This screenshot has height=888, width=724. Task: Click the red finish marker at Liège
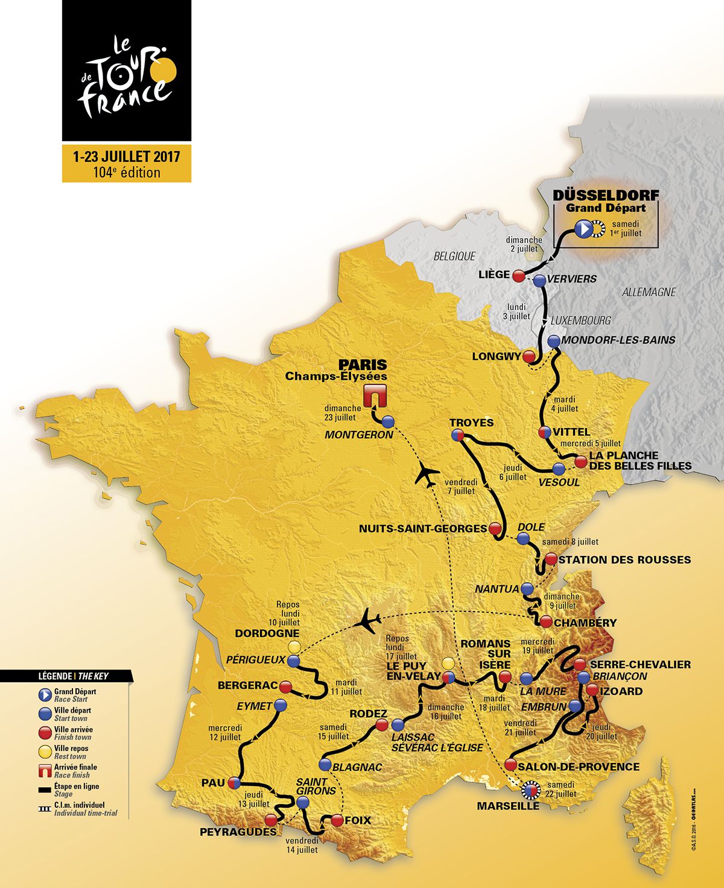(518, 276)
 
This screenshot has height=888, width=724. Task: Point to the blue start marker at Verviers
(539, 280)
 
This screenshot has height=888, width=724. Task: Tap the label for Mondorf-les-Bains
(618, 340)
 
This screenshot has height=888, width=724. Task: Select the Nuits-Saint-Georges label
(422, 528)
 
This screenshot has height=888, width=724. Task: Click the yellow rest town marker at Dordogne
(294, 647)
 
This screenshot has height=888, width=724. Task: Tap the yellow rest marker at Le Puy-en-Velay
(448, 662)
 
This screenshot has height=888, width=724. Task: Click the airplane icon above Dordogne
(368, 620)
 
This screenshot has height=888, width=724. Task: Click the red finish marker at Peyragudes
(271, 819)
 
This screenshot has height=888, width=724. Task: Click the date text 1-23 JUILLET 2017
(127, 157)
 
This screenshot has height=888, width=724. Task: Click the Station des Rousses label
(624, 560)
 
